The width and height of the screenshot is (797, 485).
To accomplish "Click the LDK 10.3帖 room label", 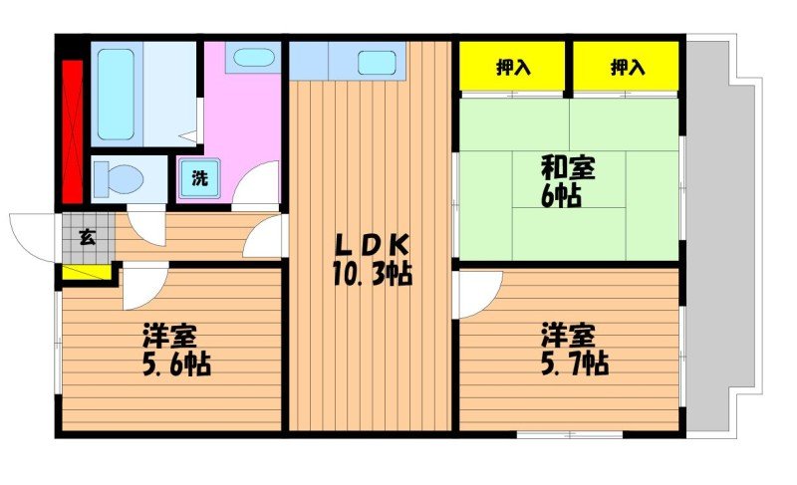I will [x=371, y=258].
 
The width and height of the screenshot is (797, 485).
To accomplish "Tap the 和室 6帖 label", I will [x=569, y=180].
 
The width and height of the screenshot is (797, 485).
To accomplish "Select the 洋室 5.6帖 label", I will [x=174, y=349].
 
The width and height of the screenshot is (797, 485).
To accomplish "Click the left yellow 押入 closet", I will [x=513, y=67].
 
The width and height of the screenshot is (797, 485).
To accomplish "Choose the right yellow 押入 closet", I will [x=627, y=67].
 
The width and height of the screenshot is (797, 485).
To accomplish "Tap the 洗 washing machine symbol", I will [x=199, y=180].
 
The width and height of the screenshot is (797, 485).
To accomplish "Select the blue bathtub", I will [x=116, y=92].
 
